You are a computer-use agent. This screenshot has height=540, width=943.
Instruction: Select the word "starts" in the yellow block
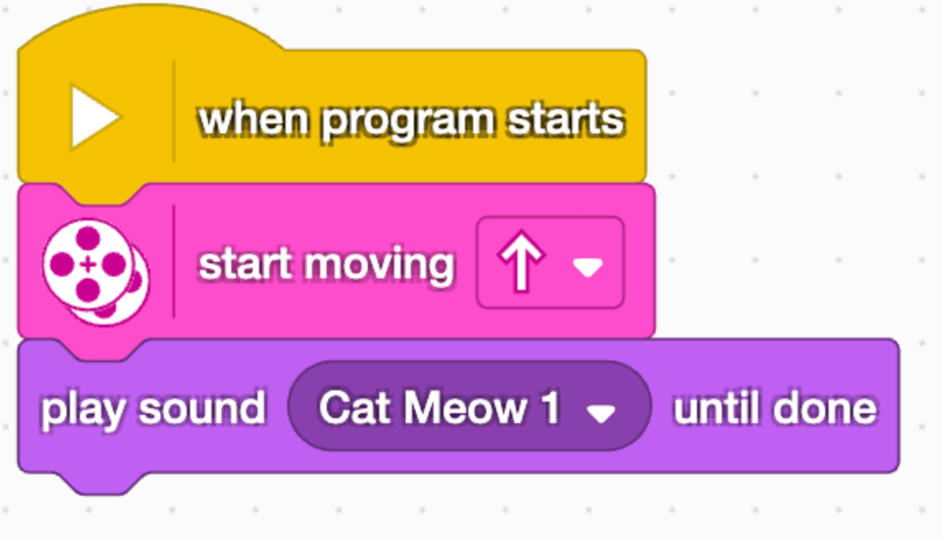[x=565, y=119]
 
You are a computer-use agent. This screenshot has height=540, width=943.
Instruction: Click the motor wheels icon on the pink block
[x=95, y=271]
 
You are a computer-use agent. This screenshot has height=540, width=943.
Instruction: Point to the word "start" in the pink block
[x=244, y=264]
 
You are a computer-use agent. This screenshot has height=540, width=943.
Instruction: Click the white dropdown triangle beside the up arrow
[x=588, y=267]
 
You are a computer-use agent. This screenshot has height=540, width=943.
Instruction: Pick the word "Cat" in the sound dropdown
[x=354, y=408]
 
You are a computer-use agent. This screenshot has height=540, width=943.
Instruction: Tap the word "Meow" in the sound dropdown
[x=465, y=408]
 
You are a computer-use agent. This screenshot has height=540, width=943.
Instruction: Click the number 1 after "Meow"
[x=550, y=408]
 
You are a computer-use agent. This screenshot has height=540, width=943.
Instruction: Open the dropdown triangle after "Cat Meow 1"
[x=601, y=413]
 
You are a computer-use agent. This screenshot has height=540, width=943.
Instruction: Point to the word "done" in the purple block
[x=825, y=409]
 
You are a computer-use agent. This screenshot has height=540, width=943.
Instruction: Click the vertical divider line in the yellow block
[x=174, y=111]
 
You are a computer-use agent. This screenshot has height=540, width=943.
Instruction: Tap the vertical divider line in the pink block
[x=174, y=261]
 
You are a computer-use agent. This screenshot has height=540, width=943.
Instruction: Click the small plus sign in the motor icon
[x=88, y=264]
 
